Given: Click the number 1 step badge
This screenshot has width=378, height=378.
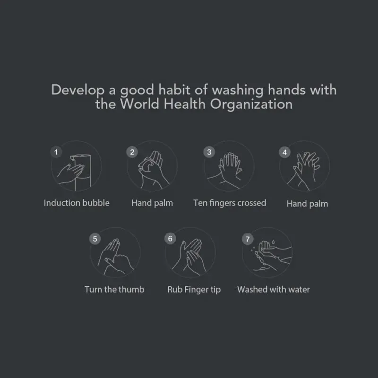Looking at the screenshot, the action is coord(56,152).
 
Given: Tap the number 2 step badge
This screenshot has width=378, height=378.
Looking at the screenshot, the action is coord(132,152).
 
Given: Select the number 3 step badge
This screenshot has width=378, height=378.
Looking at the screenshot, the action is coord(209,152).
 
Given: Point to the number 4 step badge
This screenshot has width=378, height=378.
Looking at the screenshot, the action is coord(285,152).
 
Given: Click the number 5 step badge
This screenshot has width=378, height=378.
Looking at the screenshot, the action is coord(95,239).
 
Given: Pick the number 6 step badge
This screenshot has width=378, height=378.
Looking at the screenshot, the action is coord(170,239).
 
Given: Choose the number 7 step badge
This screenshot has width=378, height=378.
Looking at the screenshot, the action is coord(248,239).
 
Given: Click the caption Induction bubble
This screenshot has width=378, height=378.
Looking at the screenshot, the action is coord(77,203).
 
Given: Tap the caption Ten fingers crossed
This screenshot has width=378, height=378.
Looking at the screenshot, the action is coord(230,203).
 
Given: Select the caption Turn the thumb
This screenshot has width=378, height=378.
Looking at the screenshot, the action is coord(114,289).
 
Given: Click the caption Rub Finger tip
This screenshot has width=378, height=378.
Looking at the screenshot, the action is coord(194,290).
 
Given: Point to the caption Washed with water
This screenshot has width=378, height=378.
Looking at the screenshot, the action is coord(274,289).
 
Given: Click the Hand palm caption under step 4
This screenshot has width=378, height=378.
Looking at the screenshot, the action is coord(308,204).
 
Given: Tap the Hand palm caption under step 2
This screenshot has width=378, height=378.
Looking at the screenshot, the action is coord(152,203).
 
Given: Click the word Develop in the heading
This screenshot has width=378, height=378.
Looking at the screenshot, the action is coord(78,90).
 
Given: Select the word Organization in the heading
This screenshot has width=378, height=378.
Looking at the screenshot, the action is coord(251,104).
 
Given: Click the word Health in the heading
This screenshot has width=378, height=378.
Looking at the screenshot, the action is coord(184,104).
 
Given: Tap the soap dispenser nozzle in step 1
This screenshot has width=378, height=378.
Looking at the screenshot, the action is coord(72,158).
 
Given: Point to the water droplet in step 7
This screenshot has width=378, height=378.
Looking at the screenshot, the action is coord(273,242).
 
